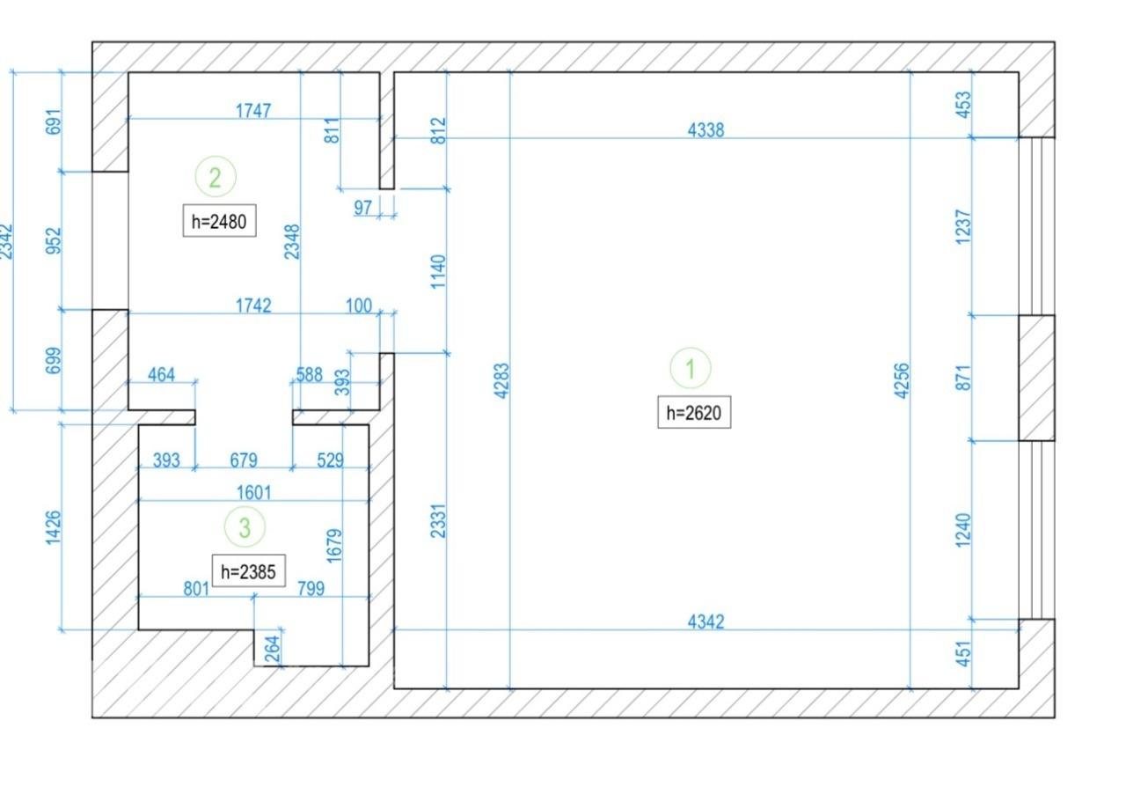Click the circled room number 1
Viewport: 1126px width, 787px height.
pyautogui.click(x=691, y=368)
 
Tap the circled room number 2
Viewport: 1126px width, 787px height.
pyautogui.click(x=216, y=177)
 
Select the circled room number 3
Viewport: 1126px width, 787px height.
pyautogui.click(x=245, y=526)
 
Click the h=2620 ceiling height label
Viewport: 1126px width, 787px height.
pyautogui.click(x=694, y=413)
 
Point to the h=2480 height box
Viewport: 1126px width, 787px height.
pyautogui.click(x=219, y=221)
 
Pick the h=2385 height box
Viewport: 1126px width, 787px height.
pyautogui.click(x=248, y=571)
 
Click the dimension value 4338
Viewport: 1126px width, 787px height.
pyautogui.click(x=706, y=130)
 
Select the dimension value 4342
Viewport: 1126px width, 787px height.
pyautogui.click(x=706, y=622)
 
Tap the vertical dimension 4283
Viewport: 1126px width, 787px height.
pyautogui.click(x=501, y=381)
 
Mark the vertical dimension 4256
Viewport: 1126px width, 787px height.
pyautogui.click(x=902, y=381)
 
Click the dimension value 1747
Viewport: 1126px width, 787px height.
pyautogui.click(x=253, y=111)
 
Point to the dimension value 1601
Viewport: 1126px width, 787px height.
pyautogui.click(x=254, y=493)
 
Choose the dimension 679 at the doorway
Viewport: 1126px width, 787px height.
pyautogui.click(x=244, y=460)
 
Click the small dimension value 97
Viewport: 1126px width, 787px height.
pyautogui.click(x=362, y=208)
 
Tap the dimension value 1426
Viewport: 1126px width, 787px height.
pyautogui.click(x=53, y=527)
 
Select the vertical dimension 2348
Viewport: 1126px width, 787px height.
pyautogui.click(x=292, y=242)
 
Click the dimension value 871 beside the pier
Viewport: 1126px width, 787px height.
pyautogui.click(x=963, y=378)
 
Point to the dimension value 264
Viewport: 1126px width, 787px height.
pyautogui.click(x=272, y=649)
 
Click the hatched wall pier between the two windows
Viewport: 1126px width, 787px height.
pyautogui.click(x=1036, y=378)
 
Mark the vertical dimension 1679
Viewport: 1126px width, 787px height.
pyautogui.click(x=334, y=546)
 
